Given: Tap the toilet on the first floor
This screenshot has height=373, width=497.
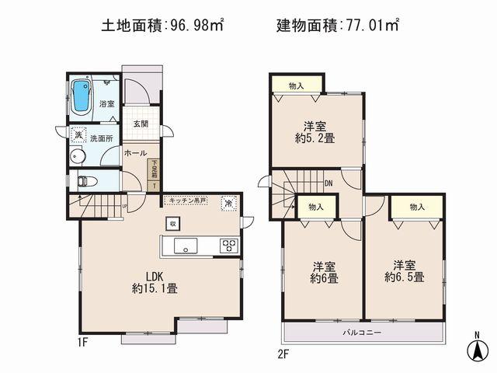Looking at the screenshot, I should tap(85, 183).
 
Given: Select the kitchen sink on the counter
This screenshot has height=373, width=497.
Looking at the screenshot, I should tap(186, 246).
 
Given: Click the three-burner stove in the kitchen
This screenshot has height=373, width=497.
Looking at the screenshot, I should tap(229, 246).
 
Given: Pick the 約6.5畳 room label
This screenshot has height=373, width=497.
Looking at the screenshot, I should tap(404, 270).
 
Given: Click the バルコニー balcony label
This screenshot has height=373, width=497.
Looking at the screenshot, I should tap(363, 332).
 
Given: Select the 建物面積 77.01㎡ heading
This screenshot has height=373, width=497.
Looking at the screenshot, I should tap(337, 26).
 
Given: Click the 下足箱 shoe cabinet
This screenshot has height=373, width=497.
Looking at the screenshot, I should tap(155, 175).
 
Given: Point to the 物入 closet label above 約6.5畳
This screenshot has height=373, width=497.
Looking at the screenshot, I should tap(416, 207).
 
